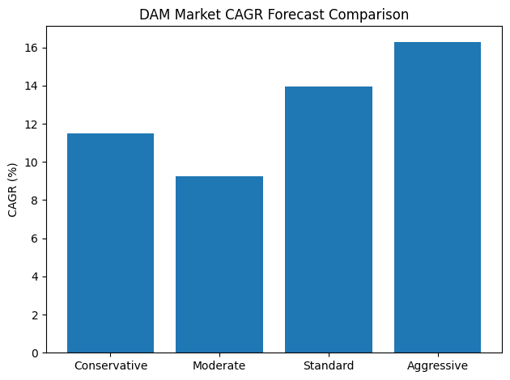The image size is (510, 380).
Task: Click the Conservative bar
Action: tap(110, 243)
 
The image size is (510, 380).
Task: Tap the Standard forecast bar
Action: tap(329, 219)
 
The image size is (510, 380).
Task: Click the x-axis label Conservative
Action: tap(110, 365)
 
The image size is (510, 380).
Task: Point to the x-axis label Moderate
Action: tap(219, 365)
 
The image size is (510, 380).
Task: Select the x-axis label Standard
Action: tap(329, 365)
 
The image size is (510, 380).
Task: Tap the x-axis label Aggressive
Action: tap(437, 365)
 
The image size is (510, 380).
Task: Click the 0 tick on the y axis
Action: tap(35, 353)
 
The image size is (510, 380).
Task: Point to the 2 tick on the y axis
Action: tap(35, 315)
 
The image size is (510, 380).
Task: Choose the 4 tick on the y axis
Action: tap(35, 277)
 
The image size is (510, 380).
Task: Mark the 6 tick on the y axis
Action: tap(35, 239)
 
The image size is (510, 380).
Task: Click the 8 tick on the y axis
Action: tap(35, 201)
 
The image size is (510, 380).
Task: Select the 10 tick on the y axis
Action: tap(32, 163)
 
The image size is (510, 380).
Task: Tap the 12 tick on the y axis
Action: tap(32, 125)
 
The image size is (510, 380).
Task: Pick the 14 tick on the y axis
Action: tap(32, 86)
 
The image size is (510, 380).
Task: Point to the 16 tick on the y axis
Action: tap(32, 48)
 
